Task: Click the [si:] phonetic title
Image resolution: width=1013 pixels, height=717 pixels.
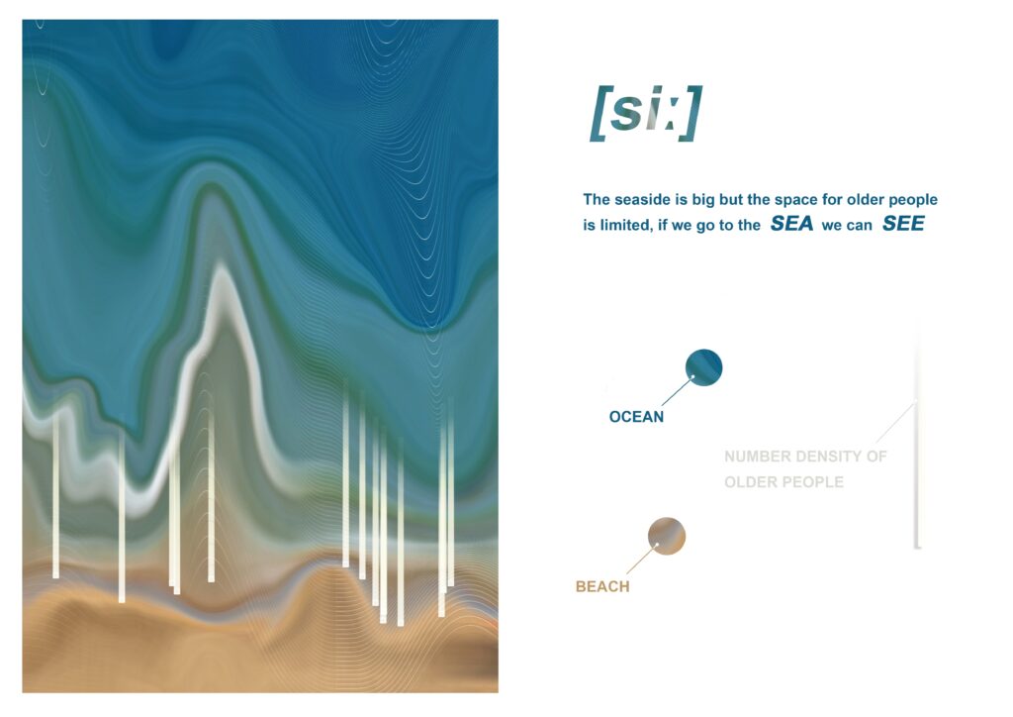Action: [x=646, y=113]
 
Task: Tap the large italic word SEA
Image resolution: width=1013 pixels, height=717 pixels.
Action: [x=791, y=224]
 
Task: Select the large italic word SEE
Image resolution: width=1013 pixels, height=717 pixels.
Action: [x=903, y=224]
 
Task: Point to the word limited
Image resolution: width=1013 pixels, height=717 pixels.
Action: [x=624, y=225]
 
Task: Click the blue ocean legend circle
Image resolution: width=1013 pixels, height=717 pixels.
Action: [x=703, y=367]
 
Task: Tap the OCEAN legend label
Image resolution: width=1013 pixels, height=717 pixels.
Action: [x=636, y=417]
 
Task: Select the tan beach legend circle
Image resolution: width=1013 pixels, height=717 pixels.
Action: [x=667, y=536]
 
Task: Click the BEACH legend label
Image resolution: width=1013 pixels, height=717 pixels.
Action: [x=602, y=586]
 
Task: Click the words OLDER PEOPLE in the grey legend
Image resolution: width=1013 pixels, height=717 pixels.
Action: [x=783, y=482]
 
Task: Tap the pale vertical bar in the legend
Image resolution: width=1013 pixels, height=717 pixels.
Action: [x=917, y=440]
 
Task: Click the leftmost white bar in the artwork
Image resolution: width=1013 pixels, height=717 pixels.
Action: [x=56, y=494]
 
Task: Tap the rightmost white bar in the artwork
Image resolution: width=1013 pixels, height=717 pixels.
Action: [x=450, y=491]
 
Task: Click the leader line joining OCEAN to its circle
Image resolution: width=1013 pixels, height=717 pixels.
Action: [x=677, y=391]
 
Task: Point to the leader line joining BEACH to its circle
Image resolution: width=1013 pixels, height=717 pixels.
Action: [x=641, y=560]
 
